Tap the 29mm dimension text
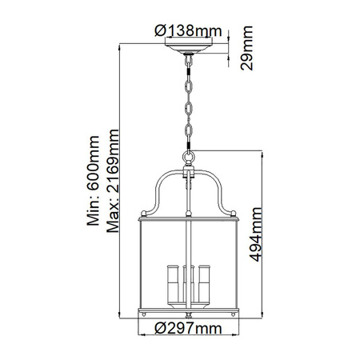pos(249,50)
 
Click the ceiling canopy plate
pos(189,50)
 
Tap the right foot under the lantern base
pos(233,314)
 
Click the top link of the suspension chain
pos(189,63)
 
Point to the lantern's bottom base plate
pos(189,309)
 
